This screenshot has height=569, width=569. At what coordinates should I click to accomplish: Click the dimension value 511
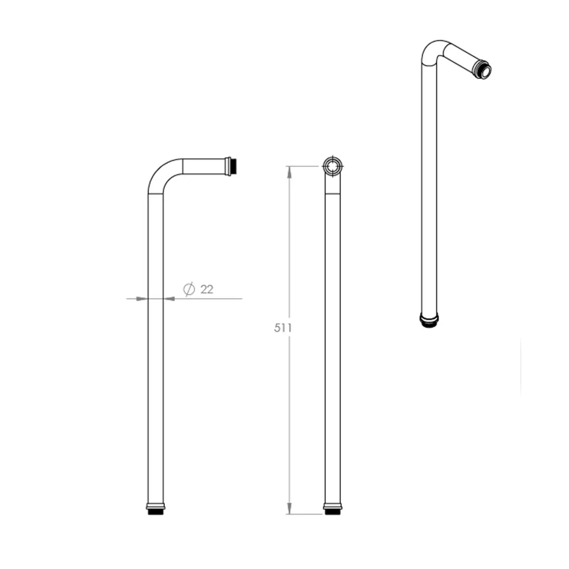(282, 328)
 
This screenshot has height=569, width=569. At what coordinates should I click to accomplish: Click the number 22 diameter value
(207, 289)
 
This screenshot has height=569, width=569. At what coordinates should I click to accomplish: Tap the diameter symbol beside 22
(189, 289)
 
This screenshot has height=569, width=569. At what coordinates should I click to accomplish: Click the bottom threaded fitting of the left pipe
(156, 509)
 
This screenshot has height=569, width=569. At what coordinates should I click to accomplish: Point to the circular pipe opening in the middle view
(332, 166)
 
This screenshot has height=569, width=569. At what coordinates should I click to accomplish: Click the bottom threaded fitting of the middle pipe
(332, 509)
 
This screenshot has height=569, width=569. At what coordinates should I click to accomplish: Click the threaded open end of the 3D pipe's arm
(483, 69)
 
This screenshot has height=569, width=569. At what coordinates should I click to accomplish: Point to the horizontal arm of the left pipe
(203, 166)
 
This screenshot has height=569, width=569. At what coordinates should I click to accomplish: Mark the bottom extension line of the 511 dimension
(306, 514)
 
